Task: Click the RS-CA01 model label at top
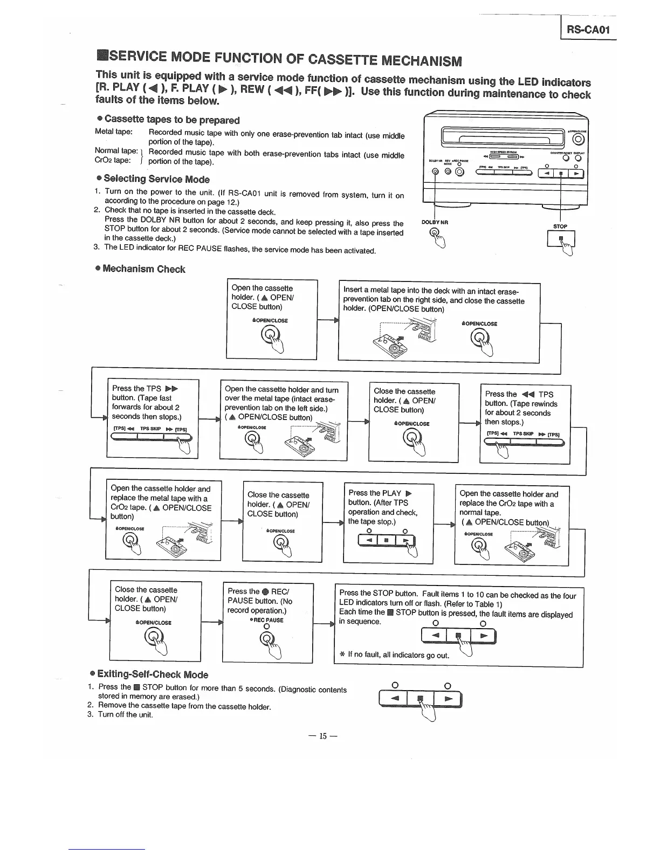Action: [587, 30]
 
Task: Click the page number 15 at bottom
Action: [323, 736]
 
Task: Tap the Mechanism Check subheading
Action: [143, 269]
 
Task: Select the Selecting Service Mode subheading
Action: [156, 179]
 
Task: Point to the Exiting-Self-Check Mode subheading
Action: [153, 674]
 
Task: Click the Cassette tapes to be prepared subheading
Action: [171, 120]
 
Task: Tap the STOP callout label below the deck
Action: [560, 226]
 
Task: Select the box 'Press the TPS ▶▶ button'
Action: [153, 418]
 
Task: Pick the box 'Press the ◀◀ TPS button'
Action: [525, 423]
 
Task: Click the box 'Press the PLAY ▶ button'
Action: [388, 523]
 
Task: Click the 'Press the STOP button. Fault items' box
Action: [458, 627]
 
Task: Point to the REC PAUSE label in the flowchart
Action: [267, 620]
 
